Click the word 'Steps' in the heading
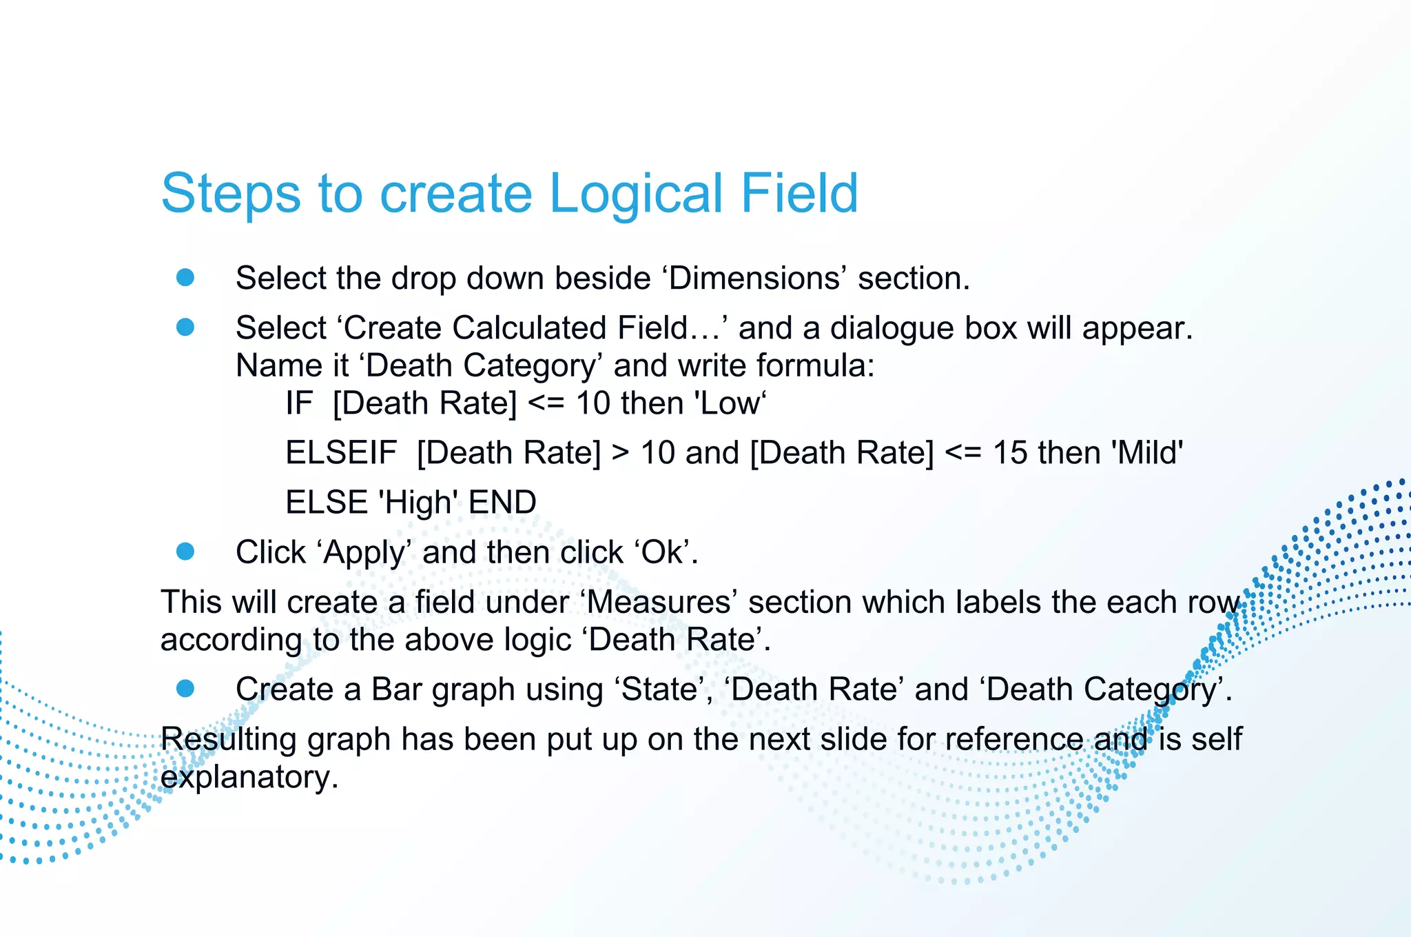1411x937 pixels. [x=231, y=194]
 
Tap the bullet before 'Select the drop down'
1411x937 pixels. [x=185, y=277]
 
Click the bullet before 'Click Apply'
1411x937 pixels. [x=185, y=551]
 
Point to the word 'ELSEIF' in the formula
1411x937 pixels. [x=341, y=453]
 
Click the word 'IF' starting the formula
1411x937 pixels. [x=299, y=403]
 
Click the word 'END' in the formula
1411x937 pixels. [x=502, y=502]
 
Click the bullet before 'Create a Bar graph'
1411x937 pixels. [x=185, y=688]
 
